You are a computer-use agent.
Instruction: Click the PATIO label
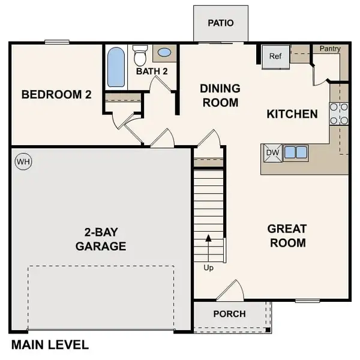[x=220, y=23]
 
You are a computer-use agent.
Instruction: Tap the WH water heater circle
[x=22, y=161]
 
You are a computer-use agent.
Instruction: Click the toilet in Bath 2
[x=140, y=56]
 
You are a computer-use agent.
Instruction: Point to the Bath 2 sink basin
[x=163, y=53]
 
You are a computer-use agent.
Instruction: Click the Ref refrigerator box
[x=275, y=56]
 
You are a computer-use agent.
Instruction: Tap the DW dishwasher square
[x=272, y=152]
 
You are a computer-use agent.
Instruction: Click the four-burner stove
[x=339, y=113]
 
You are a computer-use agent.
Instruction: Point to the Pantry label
[x=330, y=49]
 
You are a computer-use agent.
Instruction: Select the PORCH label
[x=229, y=314]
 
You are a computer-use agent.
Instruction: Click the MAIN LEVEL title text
[x=50, y=345]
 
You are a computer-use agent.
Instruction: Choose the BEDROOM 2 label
[x=56, y=94]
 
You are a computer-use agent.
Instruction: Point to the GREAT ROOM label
[x=287, y=236]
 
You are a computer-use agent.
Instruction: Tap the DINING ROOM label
[x=220, y=95]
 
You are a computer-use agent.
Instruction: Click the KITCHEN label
[x=292, y=113]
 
